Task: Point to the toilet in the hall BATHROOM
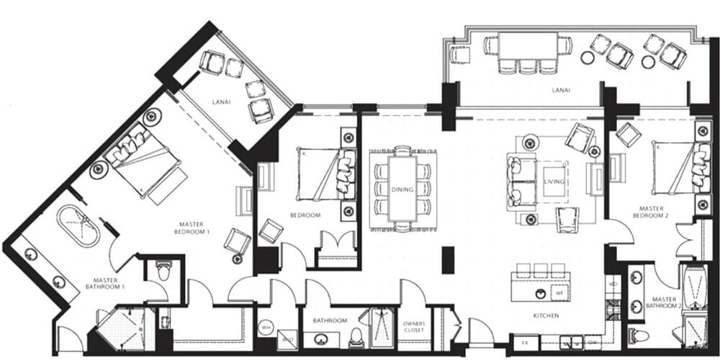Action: point(356,337)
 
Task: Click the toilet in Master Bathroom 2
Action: point(637,336)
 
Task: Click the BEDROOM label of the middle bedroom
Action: point(306,215)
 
